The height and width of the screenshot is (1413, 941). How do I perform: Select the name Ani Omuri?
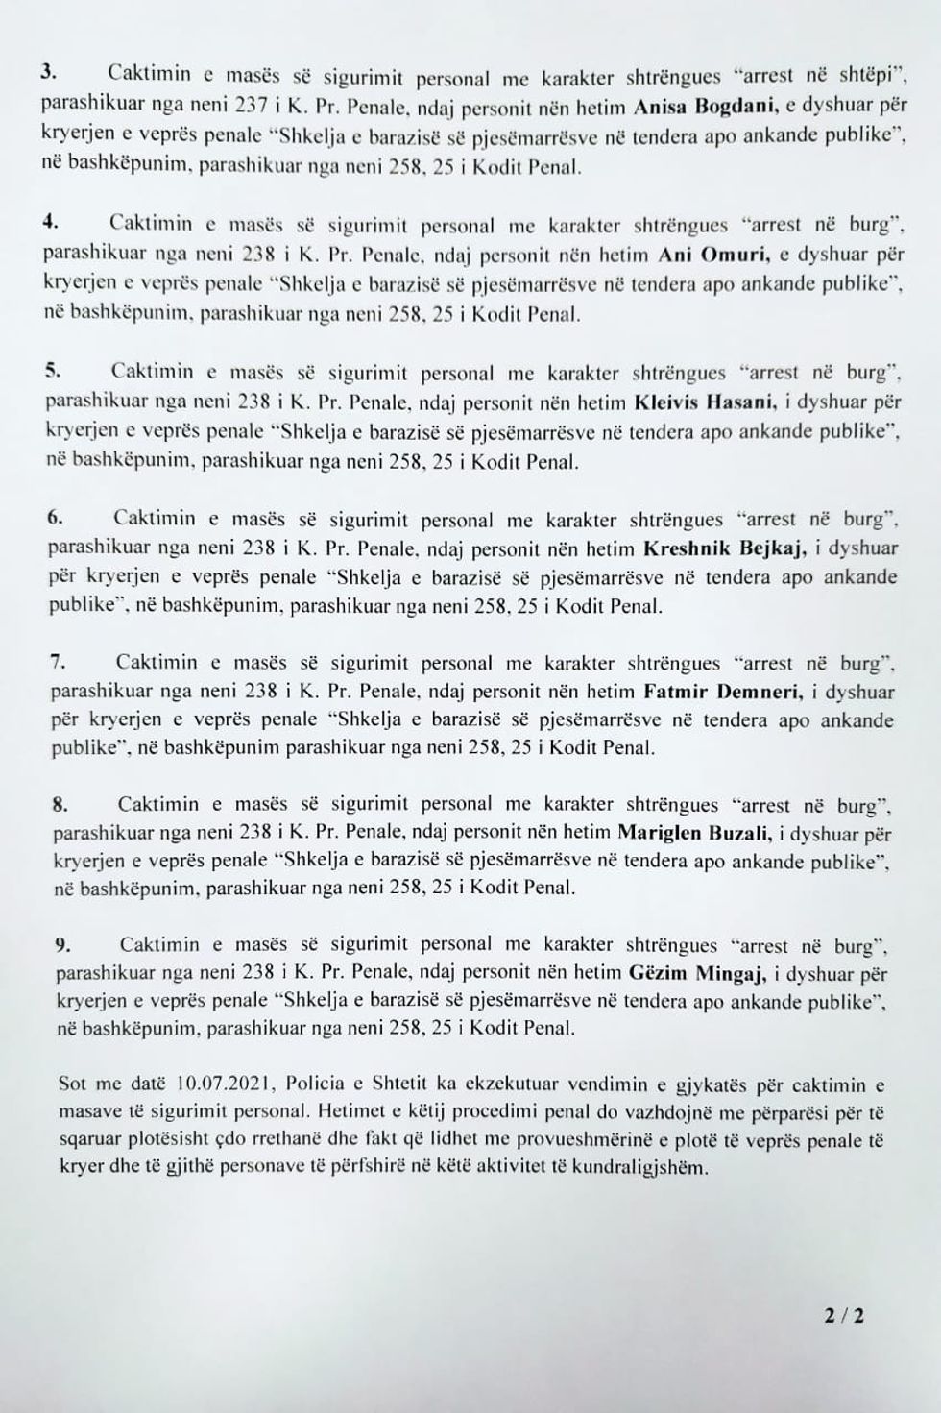coord(706,256)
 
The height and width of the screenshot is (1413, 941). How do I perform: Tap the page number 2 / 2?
coord(843,1316)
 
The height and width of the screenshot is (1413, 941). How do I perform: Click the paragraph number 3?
coord(48,72)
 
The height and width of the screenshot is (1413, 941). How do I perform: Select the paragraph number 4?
coord(50,221)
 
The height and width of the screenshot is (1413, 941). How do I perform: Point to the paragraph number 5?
coord(52,368)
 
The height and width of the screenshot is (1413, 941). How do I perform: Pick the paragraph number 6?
coord(55,517)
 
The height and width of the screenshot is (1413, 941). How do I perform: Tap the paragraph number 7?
coord(57,661)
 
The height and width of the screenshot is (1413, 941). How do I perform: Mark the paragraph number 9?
coord(61,945)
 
